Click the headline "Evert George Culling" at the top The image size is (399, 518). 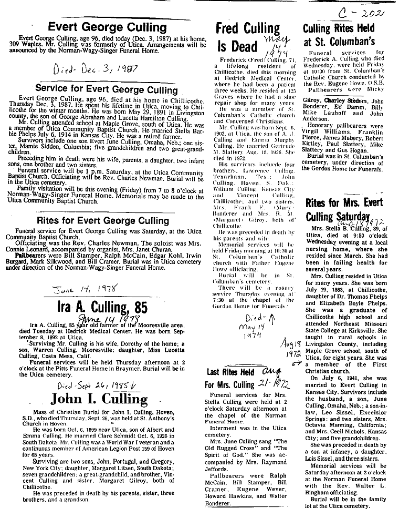(x=107, y=27)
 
